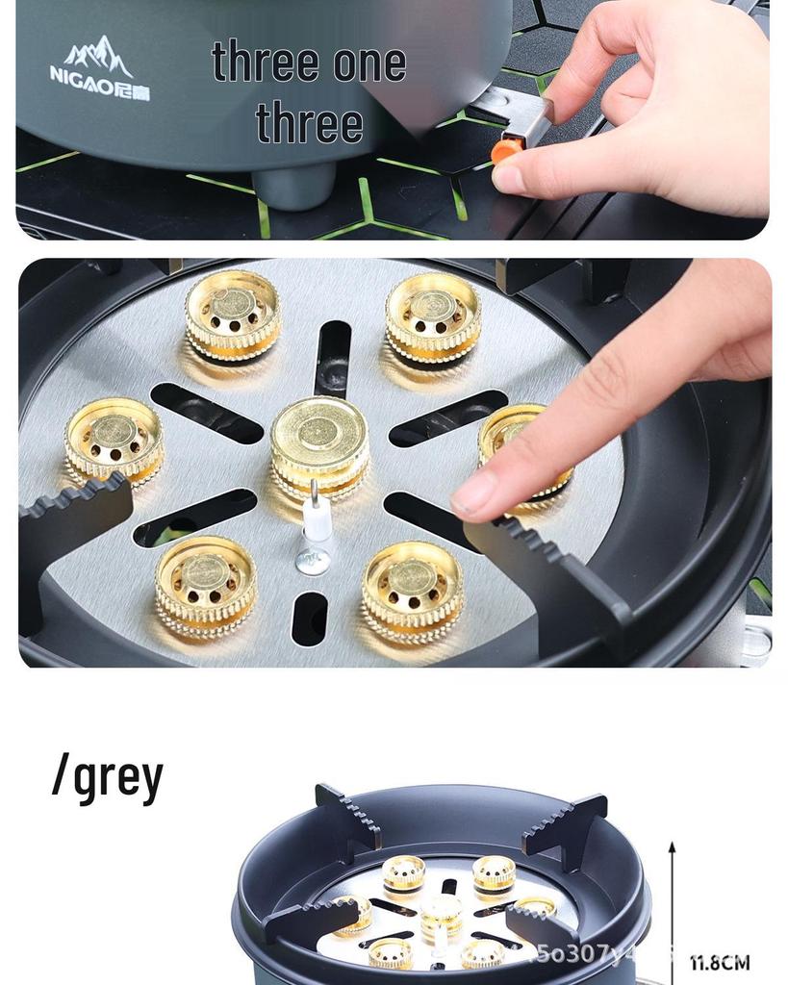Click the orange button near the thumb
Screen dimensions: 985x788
click(506, 150)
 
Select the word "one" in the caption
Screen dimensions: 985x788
click(369, 63)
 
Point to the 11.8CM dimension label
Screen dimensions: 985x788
click(720, 962)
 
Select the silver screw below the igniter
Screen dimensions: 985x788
click(314, 561)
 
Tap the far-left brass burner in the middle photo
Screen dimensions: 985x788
click(114, 440)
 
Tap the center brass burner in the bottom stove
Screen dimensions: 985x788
click(441, 913)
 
